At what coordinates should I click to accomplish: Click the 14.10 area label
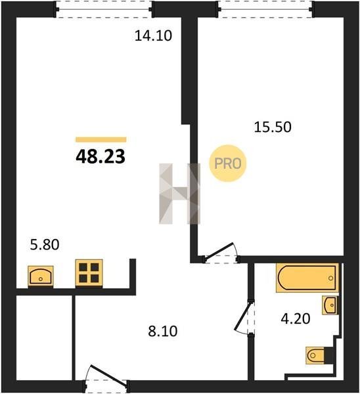(x=153, y=35)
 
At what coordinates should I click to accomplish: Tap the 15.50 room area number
(x=273, y=127)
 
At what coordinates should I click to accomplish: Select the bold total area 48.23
(x=101, y=156)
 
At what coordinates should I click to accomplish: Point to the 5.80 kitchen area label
(x=45, y=244)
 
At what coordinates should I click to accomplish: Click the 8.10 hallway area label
(x=163, y=331)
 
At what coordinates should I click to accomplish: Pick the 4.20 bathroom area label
(x=296, y=318)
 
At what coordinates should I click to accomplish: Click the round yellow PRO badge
(x=228, y=164)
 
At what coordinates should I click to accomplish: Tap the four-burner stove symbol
(x=89, y=273)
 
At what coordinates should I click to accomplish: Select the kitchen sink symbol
(x=41, y=276)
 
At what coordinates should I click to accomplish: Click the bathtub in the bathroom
(x=307, y=278)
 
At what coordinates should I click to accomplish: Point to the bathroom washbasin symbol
(x=330, y=305)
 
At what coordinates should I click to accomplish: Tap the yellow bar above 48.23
(x=101, y=139)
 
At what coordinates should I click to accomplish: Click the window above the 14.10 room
(x=104, y=10)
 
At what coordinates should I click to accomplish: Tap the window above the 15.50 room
(x=266, y=10)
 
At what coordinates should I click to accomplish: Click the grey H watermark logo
(x=180, y=194)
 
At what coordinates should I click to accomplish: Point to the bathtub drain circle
(x=331, y=278)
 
